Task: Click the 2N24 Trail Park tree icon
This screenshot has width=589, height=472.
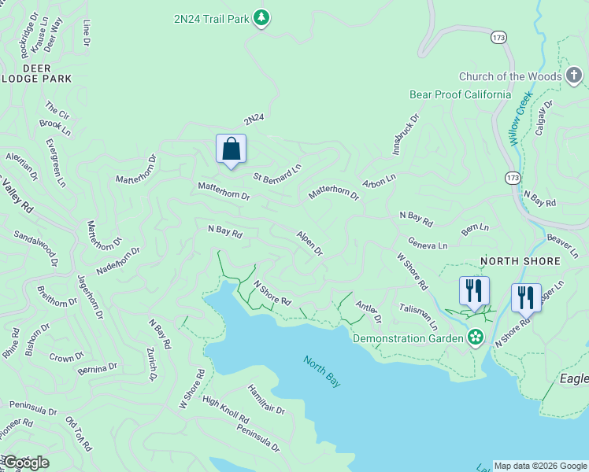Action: pyautogui.click(x=262, y=17)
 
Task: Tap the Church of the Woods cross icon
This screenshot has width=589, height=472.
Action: pyautogui.click(x=575, y=76)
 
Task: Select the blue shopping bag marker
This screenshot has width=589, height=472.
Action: pyautogui.click(x=231, y=148)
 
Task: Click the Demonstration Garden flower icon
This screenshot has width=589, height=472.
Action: pyautogui.click(x=475, y=338)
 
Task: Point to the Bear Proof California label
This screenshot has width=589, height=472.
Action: pyautogui.click(x=460, y=94)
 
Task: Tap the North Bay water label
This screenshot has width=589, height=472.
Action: pyautogui.click(x=323, y=371)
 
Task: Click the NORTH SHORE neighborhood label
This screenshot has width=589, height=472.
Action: pyautogui.click(x=520, y=260)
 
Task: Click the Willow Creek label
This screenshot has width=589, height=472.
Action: pyautogui.click(x=520, y=118)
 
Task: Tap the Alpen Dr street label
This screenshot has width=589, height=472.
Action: pyautogui.click(x=309, y=243)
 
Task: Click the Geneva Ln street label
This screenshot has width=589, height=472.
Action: pyautogui.click(x=428, y=245)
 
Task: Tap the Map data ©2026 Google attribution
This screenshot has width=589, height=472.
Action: pyautogui.click(x=540, y=466)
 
